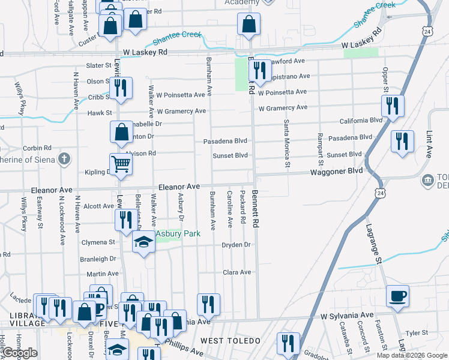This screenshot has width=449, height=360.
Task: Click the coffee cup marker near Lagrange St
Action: (x=397, y=295)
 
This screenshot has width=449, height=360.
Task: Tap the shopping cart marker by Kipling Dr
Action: (x=121, y=163)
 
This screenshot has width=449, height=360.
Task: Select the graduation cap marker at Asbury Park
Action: (x=143, y=242)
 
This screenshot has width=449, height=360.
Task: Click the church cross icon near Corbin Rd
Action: (x=65, y=159)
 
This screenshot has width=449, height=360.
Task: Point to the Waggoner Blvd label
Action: (x=336, y=171)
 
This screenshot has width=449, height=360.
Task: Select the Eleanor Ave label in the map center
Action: (x=178, y=187)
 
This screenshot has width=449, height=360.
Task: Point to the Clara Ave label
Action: (x=237, y=272)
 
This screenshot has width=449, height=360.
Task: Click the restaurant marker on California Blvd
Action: (x=393, y=106)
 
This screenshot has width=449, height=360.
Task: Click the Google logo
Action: (x=20, y=353)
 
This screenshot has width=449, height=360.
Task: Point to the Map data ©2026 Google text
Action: (x=412, y=355)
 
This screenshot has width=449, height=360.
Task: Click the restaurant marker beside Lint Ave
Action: (x=400, y=141)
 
